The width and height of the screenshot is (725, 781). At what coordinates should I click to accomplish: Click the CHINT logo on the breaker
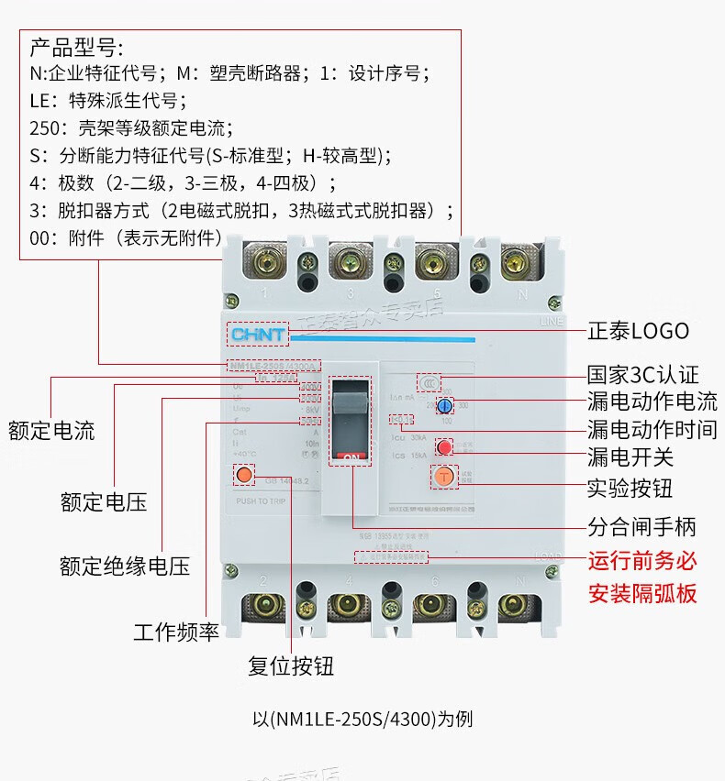coord(258,335)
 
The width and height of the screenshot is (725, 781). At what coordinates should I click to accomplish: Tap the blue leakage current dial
coord(444,405)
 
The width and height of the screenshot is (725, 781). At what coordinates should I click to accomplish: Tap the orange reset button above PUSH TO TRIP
coord(244,475)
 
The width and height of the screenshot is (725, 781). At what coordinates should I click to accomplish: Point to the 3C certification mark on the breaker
coord(429,380)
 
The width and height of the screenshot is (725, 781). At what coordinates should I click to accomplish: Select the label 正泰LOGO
coord(637,331)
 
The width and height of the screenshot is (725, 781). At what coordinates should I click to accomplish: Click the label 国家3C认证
coord(642,375)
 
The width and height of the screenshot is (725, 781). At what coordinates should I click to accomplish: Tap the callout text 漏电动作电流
coord(652,401)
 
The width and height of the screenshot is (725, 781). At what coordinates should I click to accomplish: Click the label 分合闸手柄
coord(641,526)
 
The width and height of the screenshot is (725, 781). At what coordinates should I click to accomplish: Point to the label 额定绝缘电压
coord(125,566)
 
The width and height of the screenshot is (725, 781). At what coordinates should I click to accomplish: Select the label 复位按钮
coord(290,665)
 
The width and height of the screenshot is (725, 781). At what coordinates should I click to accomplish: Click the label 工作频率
coord(176,632)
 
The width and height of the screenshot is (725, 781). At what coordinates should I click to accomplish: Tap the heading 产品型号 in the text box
coord(75,47)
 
